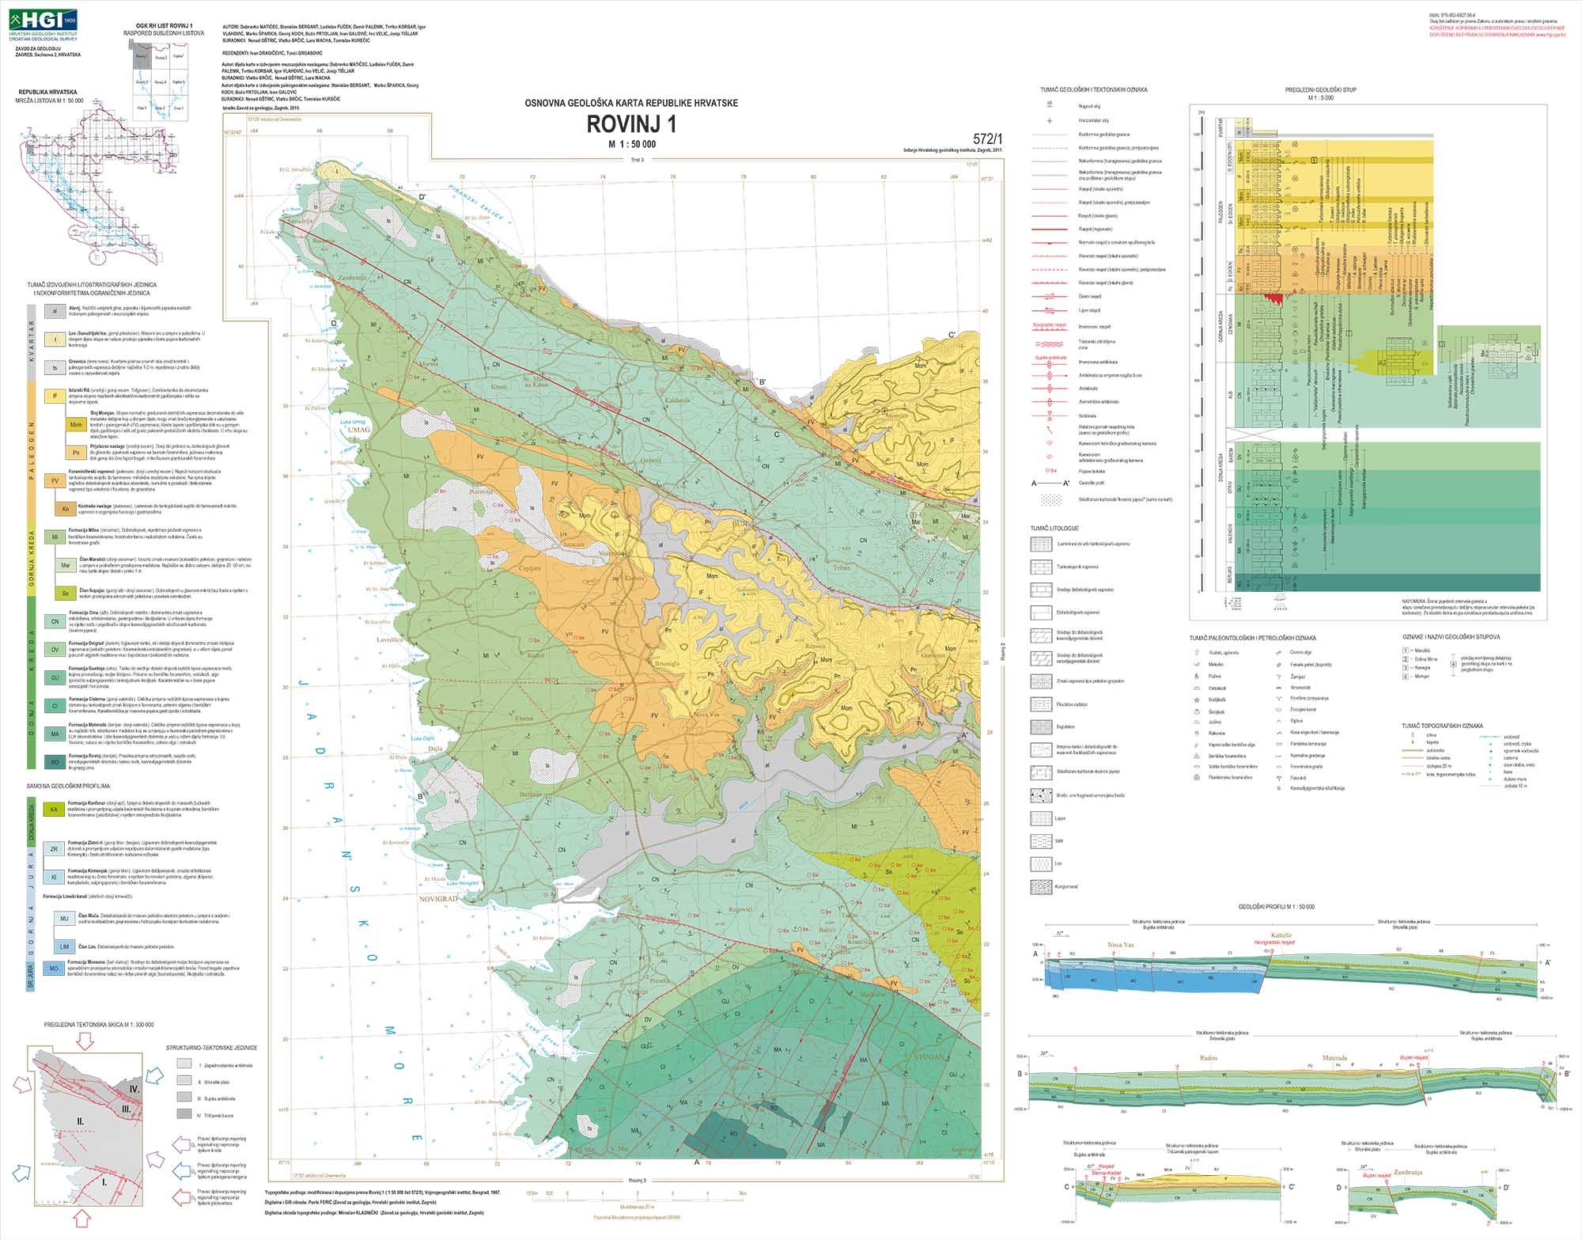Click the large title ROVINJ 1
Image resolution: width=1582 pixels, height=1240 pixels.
(x=631, y=125)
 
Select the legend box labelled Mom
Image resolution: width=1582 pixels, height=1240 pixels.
(x=76, y=425)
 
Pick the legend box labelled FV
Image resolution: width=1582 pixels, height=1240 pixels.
(x=55, y=481)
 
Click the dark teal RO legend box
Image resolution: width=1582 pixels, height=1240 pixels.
(x=55, y=762)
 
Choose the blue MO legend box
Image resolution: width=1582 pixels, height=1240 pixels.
(x=55, y=968)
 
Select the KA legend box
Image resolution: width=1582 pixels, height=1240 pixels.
(x=55, y=810)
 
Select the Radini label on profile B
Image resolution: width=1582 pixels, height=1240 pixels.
(x=1208, y=1058)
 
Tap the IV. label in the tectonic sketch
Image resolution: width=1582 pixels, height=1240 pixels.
(x=134, y=1089)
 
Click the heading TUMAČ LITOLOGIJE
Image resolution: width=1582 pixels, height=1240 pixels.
(x=1054, y=528)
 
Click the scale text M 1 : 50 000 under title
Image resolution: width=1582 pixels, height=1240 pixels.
(x=631, y=144)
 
